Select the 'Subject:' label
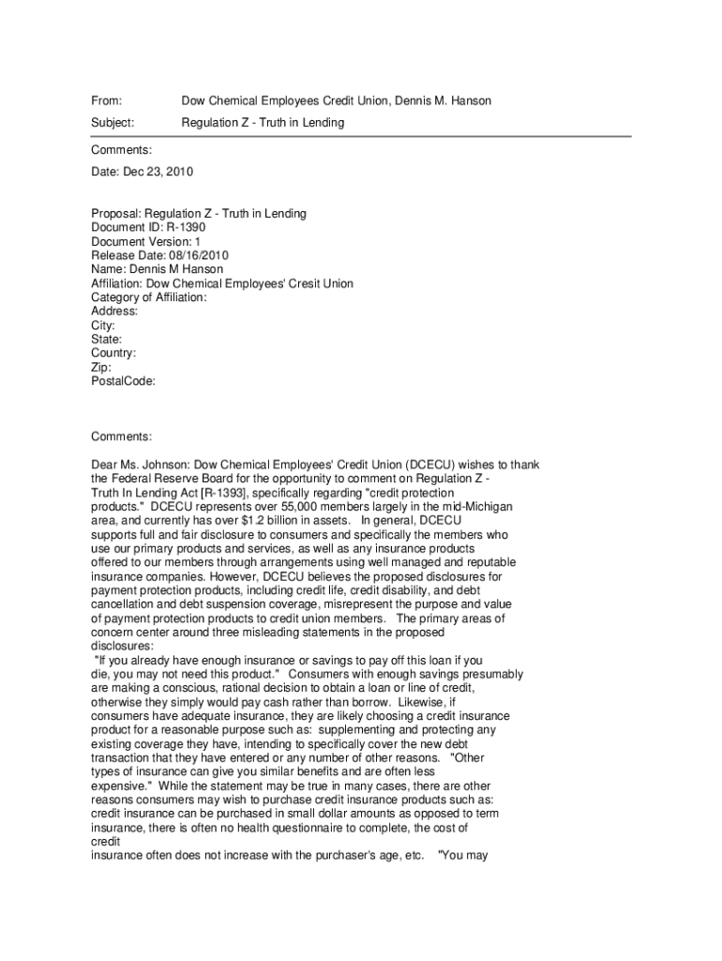pos(113,123)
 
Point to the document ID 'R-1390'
pos(184,227)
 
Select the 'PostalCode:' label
pos(123,381)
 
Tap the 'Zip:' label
pos(101,367)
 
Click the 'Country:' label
pos(113,353)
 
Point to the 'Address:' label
pos(114,311)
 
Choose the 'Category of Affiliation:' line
pos(149,297)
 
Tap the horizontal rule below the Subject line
pos(361,137)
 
